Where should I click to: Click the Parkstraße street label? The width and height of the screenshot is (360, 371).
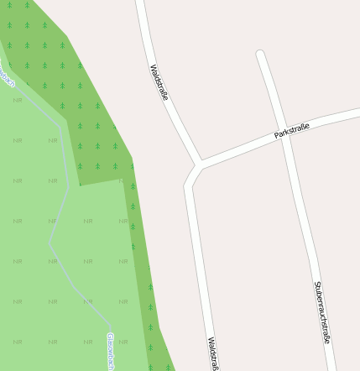(x=292, y=130)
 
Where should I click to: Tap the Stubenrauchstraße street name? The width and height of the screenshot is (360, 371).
(x=322, y=311)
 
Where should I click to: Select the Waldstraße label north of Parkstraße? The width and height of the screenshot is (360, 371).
(x=159, y=82)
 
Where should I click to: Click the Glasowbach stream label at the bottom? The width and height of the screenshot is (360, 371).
(x=110, y=351)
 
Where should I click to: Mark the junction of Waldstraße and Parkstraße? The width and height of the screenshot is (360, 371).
(x=199, y=162)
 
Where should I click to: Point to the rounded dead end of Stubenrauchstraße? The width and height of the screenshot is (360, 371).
(x=261, y=55)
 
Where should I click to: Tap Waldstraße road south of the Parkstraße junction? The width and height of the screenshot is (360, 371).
(x=197, y=252)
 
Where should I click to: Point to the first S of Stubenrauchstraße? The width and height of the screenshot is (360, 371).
(x=317, y=284)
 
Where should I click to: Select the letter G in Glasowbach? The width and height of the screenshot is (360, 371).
(x=109, y=336)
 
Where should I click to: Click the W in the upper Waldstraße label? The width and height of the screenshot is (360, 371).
(x=153, y=67)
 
